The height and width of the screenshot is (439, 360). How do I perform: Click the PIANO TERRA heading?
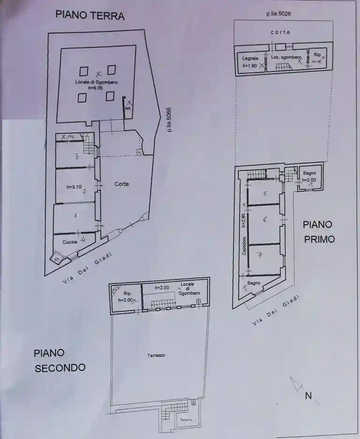[x=90, y=15]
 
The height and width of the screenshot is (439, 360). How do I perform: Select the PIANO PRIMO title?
[x=319, y=232]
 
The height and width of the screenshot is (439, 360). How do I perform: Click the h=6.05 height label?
[x=96, y=88]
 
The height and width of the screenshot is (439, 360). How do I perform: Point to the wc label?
[x=127, y=108]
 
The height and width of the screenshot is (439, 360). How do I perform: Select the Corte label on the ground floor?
[x=121, y=184]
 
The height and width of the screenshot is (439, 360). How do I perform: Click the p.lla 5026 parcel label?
[x=279, y=14]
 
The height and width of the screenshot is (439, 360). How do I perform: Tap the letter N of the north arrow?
[x=308, y=396]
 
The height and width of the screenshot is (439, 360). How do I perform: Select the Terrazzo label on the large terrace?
[x=156, y=355]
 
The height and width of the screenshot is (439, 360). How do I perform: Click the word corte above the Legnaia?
[x=280, y=32]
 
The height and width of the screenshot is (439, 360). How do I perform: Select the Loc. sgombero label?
[x=286, y=57]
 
